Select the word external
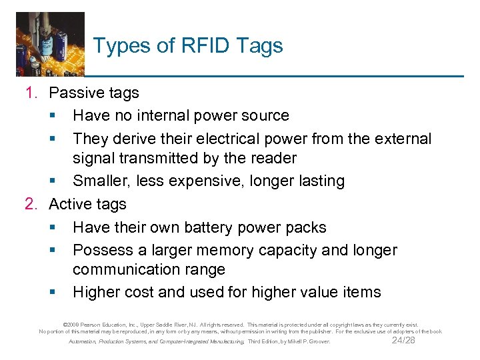pyautogui.click(x=403, y=138)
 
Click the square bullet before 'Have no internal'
pyautogui.click(x=53, y=116)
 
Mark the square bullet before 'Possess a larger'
pyautogui.click(x=53, y=251)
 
